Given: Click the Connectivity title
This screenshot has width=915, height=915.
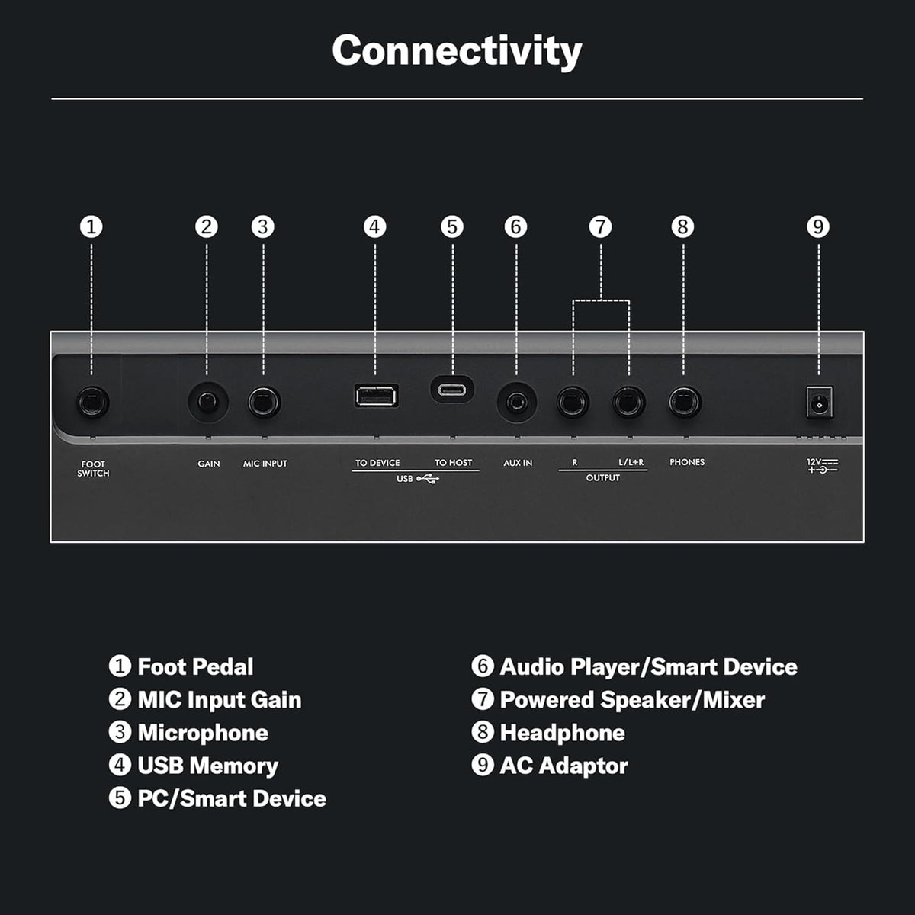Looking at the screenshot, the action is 457,51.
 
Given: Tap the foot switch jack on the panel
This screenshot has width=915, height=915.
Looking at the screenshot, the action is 92,403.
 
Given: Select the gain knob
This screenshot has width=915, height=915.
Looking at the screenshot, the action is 208,402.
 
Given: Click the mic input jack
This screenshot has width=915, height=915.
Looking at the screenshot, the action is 264,403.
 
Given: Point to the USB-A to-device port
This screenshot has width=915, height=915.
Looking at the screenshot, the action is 376,396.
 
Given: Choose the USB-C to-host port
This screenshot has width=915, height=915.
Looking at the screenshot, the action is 452,390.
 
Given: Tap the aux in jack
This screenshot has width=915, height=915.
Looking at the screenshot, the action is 517,403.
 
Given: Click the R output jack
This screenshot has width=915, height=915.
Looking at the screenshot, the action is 573,403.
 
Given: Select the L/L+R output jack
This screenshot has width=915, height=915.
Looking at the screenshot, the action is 629,403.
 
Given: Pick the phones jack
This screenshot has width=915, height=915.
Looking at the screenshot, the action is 685,403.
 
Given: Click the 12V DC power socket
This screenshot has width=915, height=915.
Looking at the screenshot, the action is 820,403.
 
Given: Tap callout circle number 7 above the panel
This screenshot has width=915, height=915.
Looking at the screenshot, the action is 601,227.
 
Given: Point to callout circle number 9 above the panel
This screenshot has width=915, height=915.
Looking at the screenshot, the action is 818,227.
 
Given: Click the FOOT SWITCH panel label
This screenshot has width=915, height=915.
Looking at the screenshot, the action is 93,469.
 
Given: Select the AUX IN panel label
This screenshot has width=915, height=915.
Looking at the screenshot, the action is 518,463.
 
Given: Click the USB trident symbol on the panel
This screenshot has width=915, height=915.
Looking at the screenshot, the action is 428,479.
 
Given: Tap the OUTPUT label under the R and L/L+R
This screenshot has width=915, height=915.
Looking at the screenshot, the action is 602,477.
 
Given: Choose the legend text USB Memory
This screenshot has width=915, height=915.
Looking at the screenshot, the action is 208,766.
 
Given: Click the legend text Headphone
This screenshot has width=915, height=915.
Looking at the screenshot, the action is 562,733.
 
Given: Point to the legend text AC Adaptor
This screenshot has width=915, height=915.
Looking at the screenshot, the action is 563,766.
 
